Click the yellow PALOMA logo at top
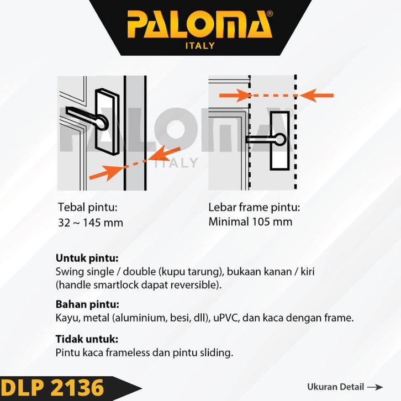tap(199, 25)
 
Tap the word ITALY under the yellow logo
tap(200, 46)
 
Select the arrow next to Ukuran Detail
tap(374, 387)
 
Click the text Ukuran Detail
tap(335, 387)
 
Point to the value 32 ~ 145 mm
tap(91, 223)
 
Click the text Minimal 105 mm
tap(250, 222)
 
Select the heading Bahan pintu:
tap(87, 304)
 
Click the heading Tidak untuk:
tap(87, 339)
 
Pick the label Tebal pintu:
tap(88, 208)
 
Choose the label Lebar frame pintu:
tap(254, 208)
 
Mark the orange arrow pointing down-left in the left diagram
tap(166, 152)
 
